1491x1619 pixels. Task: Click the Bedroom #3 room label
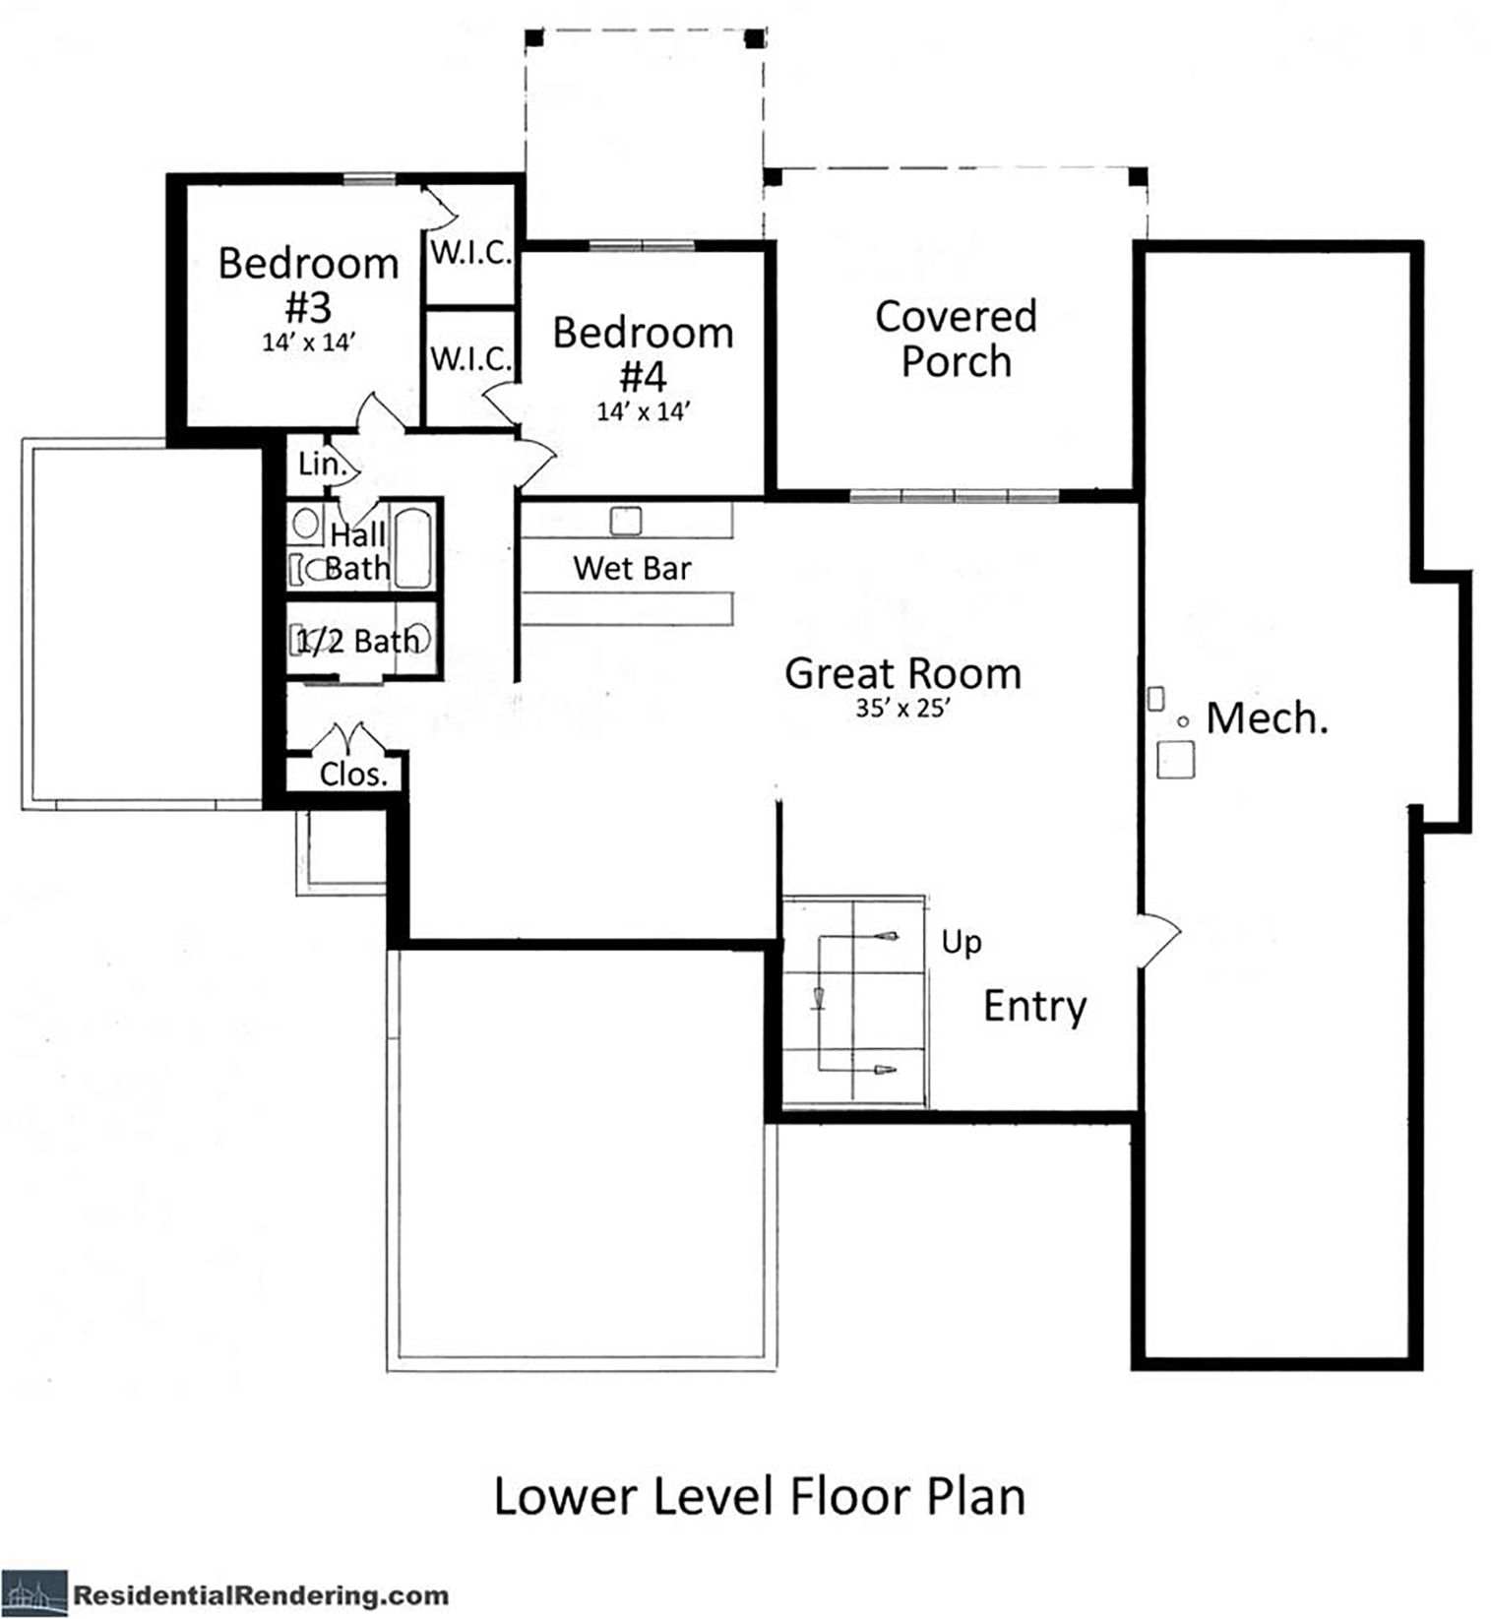308,284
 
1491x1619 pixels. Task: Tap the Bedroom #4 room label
643,353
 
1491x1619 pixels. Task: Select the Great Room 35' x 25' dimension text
901,708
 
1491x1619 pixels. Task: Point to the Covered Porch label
956,339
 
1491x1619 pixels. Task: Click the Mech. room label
1268,717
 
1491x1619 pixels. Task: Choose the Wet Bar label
632,568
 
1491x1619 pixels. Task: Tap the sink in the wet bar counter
626,521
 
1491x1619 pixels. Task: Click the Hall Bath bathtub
412,546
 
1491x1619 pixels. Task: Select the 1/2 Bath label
357,642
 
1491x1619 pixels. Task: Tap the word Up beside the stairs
962,943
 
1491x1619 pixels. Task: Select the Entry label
1035,1007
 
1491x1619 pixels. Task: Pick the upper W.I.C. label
471,253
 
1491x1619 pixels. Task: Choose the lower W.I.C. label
471,359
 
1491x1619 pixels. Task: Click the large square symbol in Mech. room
1175,760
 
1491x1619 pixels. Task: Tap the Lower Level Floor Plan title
759,1496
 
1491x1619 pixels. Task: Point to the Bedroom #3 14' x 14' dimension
308,342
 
